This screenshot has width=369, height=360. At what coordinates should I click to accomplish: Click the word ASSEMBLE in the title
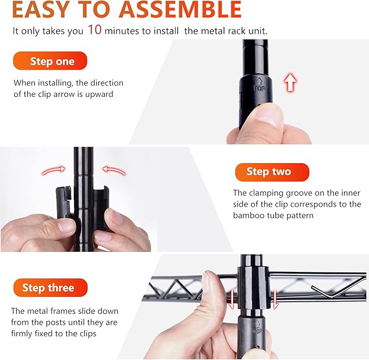[180, 9]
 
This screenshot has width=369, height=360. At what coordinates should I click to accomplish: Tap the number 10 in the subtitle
[95, 30]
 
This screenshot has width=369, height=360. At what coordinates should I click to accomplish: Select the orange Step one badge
[50, 61]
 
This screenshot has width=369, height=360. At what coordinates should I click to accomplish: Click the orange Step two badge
[272, 172]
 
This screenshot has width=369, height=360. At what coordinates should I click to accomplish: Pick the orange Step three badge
[51, 288]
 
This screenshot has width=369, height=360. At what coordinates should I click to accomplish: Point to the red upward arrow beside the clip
[290, 83]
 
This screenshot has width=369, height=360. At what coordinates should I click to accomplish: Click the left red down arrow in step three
[232, 299]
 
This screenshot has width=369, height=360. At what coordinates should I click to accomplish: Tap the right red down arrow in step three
[275, 299]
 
